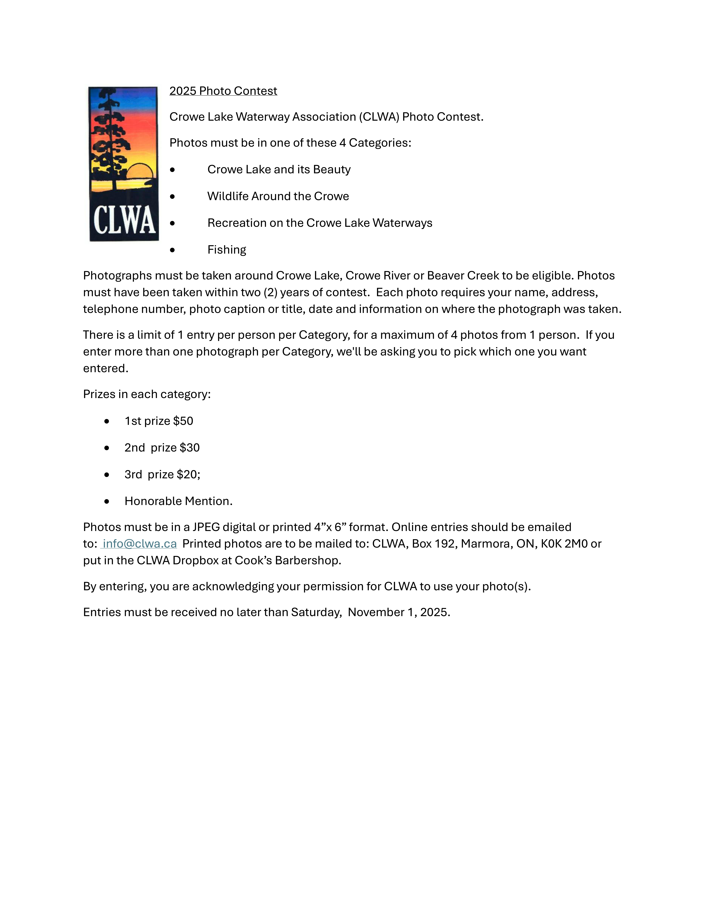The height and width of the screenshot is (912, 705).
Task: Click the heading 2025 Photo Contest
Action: point(223,91)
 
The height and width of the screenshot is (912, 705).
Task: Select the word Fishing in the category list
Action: point(227,250)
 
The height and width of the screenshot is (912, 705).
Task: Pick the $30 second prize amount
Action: point(190,448)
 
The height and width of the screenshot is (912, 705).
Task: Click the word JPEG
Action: point(206,527)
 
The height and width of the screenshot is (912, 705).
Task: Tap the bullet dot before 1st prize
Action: point(107,421)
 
